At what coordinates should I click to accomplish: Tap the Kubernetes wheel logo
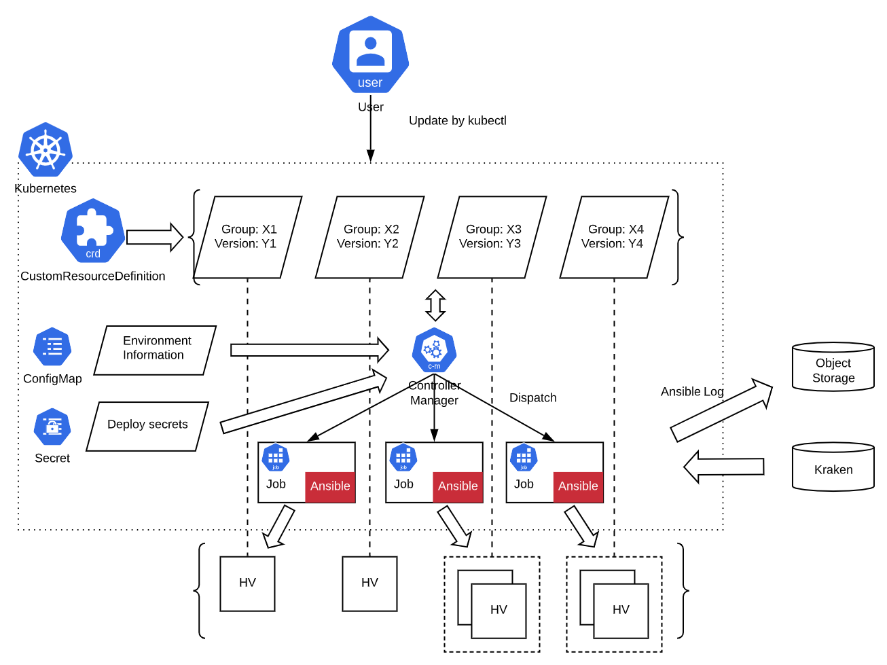[x=46, y=149]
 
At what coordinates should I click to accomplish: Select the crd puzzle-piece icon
[x=93, y=231]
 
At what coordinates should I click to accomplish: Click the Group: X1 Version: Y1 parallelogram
[x=247, y=237]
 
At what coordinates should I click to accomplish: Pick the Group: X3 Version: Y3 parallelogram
[x=492, y=237]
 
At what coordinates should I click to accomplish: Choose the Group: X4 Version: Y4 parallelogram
[x=614, y=237]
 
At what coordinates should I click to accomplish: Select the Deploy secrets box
[x=147, y=426]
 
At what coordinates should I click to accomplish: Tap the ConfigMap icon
[x=52, y=346]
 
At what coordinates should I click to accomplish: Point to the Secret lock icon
[x=52, y=427]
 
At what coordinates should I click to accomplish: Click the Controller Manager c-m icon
[x=434, y=351]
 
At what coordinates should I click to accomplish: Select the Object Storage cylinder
[x=833, y=367]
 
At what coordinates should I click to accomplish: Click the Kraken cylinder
[x=833, y=467]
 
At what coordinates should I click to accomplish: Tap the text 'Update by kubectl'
[x=457, y=121]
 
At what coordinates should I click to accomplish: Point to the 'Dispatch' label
[x=532, y=398]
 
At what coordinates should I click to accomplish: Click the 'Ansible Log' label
[x=691, y=392]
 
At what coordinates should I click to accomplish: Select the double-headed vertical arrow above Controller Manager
[x=435, y=305]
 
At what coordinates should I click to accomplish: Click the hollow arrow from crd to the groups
[x=155, y=237]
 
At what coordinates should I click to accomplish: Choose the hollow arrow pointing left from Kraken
[x=723, y=467]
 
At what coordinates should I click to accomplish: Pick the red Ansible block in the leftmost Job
[x=330, y=486]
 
